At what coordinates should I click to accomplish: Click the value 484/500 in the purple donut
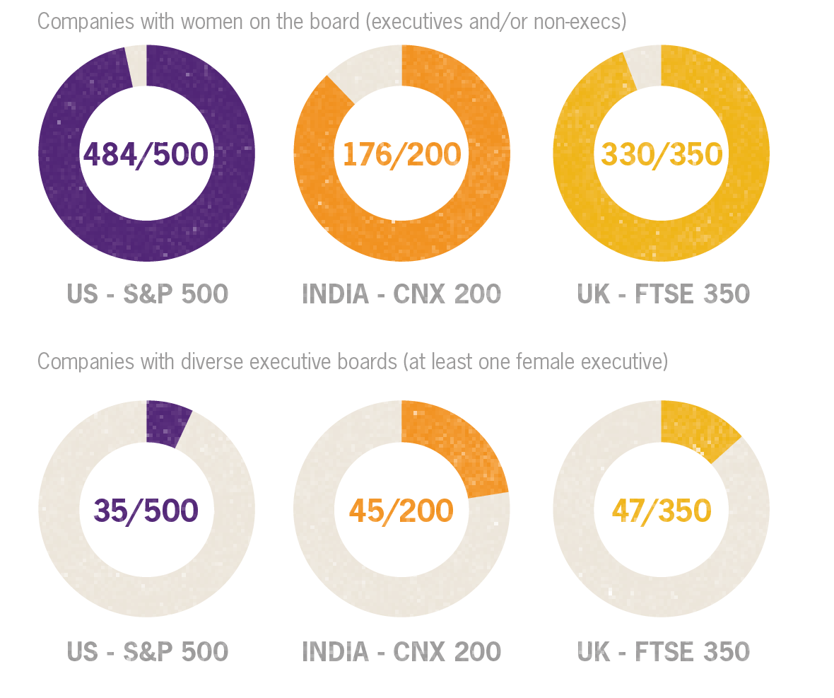[146, 153]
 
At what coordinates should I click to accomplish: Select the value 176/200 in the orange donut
[401, 153]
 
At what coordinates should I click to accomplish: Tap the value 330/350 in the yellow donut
[662, 153]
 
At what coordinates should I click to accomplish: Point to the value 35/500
[146, 510]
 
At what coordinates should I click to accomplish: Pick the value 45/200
[401, 510]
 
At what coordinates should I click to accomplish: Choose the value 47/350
[662, 510]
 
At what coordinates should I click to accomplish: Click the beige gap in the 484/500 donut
[137, 66]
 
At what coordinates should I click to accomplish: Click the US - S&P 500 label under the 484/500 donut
[147, 294]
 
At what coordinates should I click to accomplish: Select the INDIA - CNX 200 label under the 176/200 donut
[401, 294]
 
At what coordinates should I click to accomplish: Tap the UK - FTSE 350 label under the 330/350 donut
[663, 294]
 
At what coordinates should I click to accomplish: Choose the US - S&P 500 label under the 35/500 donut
[147, 651]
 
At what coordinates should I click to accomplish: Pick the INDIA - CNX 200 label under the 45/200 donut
[401, 651]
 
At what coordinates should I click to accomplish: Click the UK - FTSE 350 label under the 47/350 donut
[663, 651]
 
